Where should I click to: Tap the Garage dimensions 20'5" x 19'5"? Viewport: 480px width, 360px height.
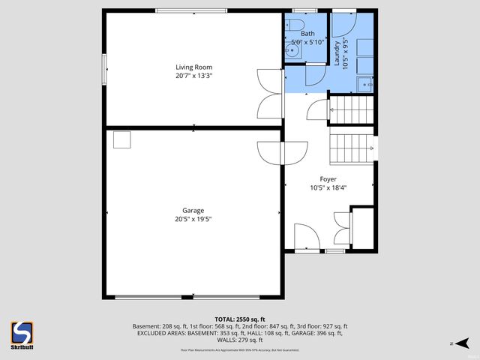pos(194,220)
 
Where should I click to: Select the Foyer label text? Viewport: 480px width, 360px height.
pos(328,178)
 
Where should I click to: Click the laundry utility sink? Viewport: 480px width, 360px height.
pos(365,84)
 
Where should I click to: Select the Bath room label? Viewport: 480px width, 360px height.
pos(307,34)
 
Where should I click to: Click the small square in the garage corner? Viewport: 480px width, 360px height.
pos(121,140)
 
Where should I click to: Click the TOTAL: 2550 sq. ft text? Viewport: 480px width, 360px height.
pos(240,319)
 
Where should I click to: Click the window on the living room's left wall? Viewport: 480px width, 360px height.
pos(104,69)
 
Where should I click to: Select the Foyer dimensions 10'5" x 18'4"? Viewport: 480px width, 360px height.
pos(328,188)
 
